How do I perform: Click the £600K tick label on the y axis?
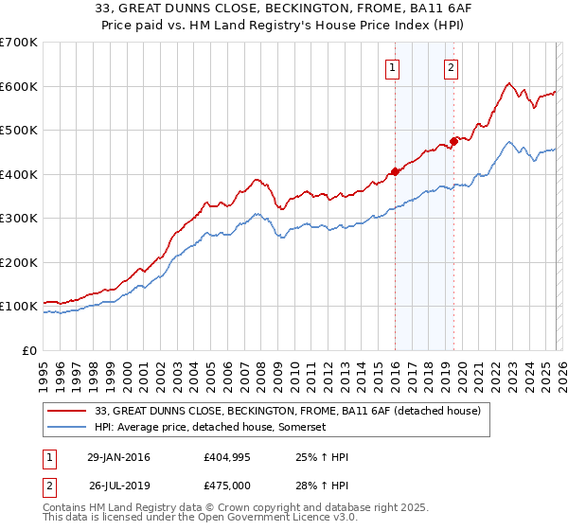click(x=19, y=86)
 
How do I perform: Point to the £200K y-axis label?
click(x=19, y=262)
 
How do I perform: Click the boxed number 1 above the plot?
click(x=391, y=67)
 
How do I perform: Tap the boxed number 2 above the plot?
click(x=452, y=67)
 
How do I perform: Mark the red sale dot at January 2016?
click(x=395, y=172)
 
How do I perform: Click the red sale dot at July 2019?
click(x=453, y=141)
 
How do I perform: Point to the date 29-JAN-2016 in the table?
click(x=118, y=457)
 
